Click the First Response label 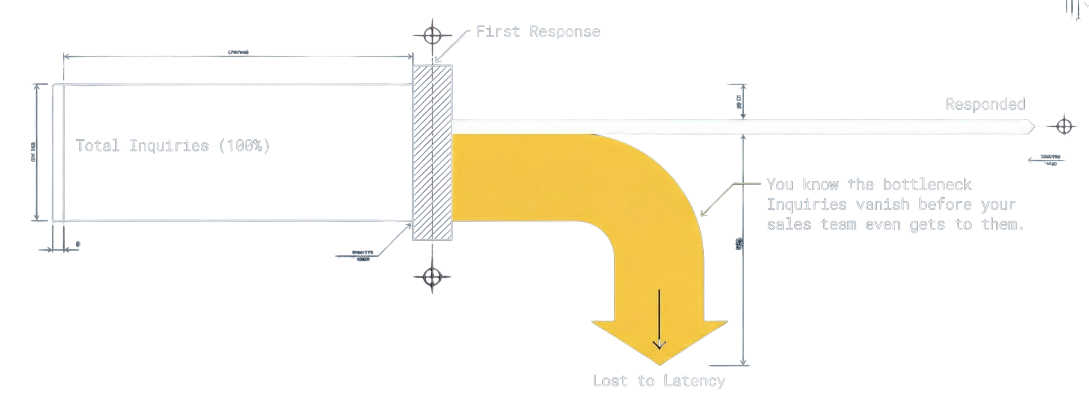point(538,32)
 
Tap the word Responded point(985,104)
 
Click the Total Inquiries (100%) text point(173,145)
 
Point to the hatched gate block point(432,153)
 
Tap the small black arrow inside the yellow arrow point(659,319)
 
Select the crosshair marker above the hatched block point(432,35)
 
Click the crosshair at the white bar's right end point(1064,126)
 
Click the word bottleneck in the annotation point(927,185)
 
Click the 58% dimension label point(738,244)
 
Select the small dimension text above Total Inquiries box point(238,52)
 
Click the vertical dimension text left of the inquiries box point(32,151)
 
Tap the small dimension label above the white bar point(739,102)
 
